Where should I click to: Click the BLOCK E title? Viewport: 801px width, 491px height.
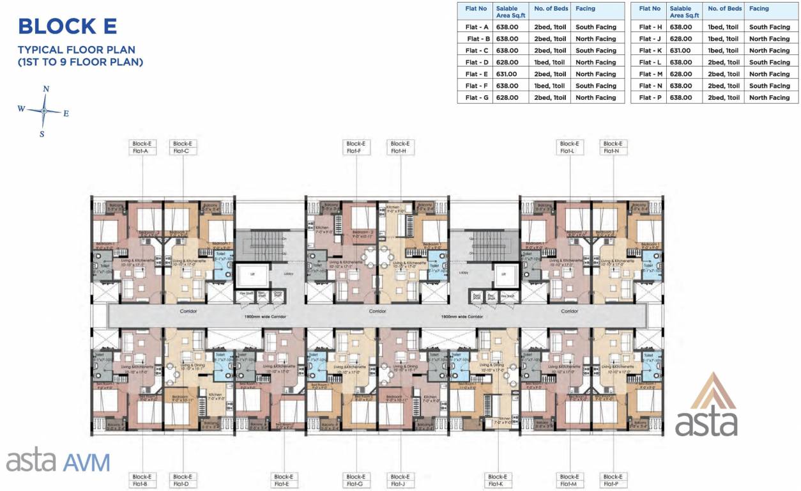click(x=67, y=26)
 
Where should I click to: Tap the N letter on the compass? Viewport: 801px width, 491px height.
click(x=46, y=89)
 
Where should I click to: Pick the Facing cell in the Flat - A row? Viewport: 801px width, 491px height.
click(x=595, y=27)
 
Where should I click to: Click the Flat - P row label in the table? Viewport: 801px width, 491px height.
click(x=650, y=98)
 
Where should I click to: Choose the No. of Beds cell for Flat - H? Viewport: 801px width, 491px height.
click(x=724, y=27)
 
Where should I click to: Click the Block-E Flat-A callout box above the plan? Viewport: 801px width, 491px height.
click(x=141, y=148)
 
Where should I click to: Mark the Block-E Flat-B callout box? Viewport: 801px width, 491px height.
click(x=141, y=481)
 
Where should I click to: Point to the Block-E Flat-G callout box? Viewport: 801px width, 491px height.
click(x=355, y=481)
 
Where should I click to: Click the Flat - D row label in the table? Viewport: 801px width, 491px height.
click(x=477, y=63)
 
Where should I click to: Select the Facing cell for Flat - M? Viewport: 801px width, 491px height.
click(x=769, y=74)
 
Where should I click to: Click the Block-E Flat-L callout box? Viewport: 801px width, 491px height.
click(x=568, y=148)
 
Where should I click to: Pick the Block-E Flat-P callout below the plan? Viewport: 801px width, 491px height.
click(x=612, y=481)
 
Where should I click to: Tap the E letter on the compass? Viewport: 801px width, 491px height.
click(x=66, y=113)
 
